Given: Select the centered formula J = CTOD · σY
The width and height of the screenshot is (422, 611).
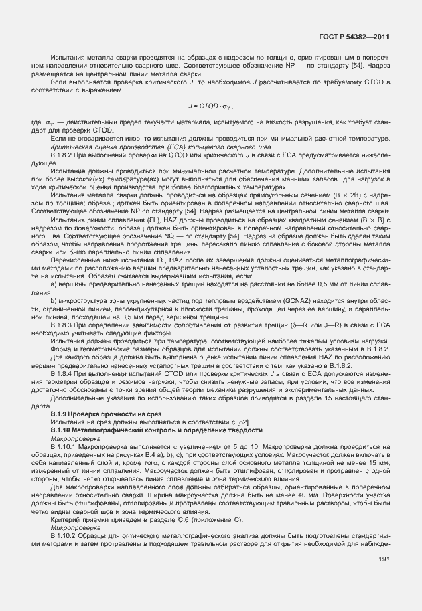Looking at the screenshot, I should click(211, 106).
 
